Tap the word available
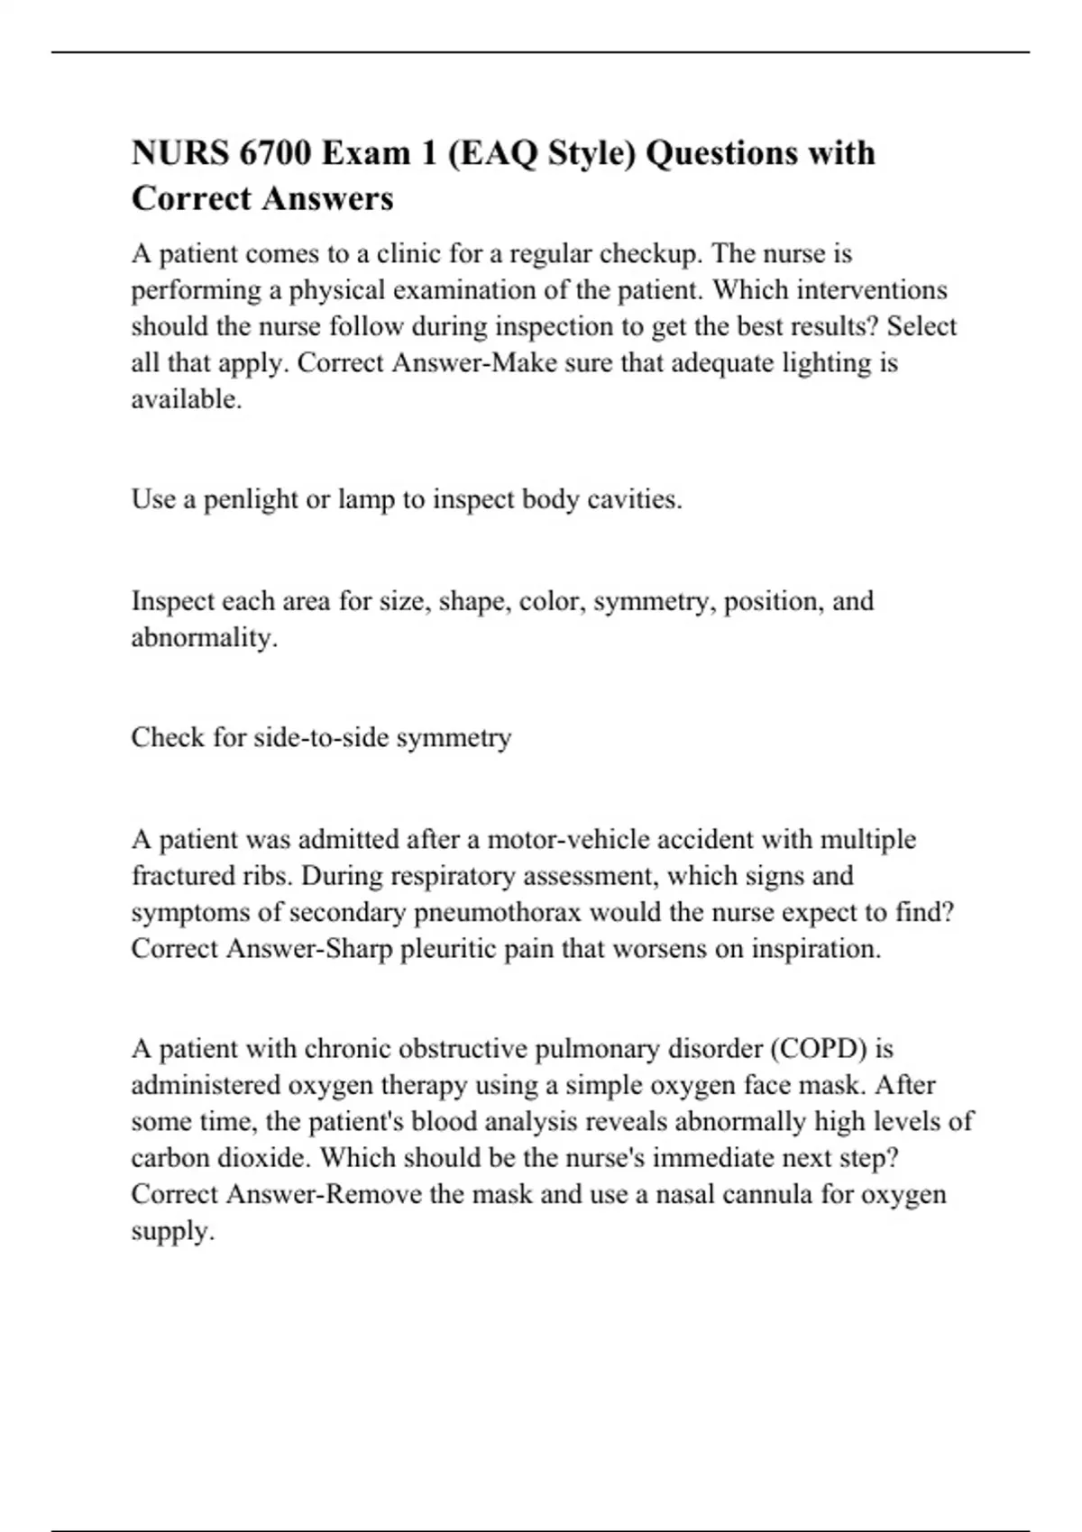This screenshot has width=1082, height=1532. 186,399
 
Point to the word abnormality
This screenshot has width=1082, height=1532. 204,638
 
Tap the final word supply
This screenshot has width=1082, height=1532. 172,1232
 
